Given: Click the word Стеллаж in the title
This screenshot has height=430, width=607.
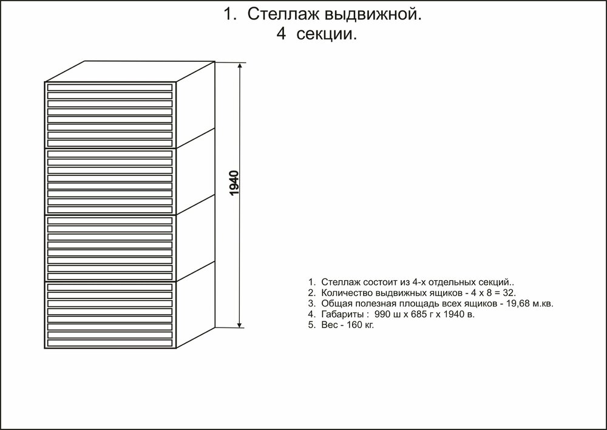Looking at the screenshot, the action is point(283,15).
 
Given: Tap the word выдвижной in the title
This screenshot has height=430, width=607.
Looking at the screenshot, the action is point(371,15).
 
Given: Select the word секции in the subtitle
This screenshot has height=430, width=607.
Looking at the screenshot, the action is point(325,35).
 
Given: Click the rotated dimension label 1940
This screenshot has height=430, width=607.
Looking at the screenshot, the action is point(234,183).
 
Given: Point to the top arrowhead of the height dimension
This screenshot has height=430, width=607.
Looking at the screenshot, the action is point(240,67).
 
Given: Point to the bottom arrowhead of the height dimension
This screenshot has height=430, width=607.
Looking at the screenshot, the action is point(240,324).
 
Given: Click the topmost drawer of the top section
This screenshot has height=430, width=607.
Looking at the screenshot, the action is point(110,87).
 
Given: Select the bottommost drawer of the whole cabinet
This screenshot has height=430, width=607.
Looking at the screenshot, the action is point(110,343).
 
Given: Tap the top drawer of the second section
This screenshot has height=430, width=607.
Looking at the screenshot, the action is point(110,154).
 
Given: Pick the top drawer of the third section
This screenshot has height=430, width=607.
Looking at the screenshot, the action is point(110,220).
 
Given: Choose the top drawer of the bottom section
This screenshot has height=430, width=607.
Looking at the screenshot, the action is point(110,287).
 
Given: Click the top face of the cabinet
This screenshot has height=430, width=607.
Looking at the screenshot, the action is point(130,72).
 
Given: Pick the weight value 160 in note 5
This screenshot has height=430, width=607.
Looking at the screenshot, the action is point(354,325).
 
